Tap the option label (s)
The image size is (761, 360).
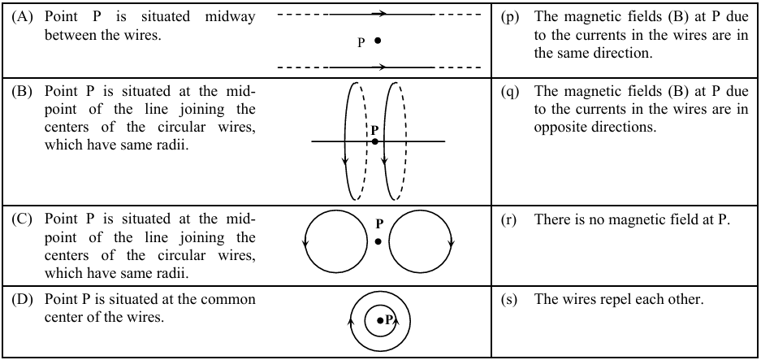coord(511,299)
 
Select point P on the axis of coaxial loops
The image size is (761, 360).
coord(374,141)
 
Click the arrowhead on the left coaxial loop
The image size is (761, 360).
coord(347,159)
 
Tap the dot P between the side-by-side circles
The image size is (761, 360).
coord(378,241)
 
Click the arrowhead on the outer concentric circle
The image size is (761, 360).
coord(351,323)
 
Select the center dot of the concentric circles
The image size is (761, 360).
coord(380,321)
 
